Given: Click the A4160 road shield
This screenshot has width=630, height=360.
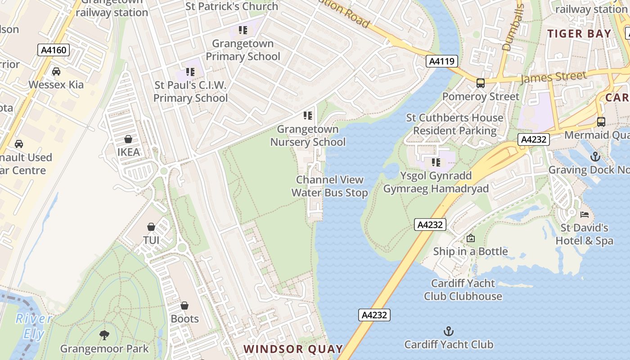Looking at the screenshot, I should coord(54,50).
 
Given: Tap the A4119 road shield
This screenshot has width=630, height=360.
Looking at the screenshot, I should coord(442,61).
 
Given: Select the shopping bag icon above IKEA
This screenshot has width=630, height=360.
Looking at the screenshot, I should coord(128,139).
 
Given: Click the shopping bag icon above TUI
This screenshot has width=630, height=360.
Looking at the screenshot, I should coord(151,227).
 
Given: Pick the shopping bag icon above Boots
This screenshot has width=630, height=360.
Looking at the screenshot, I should coord(184,306).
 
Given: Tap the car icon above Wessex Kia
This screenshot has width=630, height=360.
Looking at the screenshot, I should coord(56,72).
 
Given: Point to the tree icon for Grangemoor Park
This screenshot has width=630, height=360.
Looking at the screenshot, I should coord(104,335).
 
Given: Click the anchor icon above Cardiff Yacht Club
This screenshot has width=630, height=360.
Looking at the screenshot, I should coord(449,332).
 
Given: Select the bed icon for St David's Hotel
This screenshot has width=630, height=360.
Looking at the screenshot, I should coord(585,215).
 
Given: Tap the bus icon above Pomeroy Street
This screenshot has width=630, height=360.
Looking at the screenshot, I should coord(481,83).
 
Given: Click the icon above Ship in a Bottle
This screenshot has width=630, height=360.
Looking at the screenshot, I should coord(471,238).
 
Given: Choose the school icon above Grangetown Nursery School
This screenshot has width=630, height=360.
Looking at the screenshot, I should coord(308,116).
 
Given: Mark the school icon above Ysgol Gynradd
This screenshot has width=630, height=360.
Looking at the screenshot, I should coord(436,162).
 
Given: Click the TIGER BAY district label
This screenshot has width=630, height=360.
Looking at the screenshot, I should coord(579,34).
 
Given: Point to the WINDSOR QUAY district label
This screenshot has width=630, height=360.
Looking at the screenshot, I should coord(293,349).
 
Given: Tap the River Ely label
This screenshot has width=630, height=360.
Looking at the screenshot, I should coord(34,326).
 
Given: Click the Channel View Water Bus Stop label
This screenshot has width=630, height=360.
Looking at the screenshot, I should coord(329,186).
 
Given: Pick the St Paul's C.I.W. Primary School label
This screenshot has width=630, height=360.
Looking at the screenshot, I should coord(191,91).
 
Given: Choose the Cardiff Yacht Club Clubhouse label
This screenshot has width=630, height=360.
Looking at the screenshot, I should coord(463,290).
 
